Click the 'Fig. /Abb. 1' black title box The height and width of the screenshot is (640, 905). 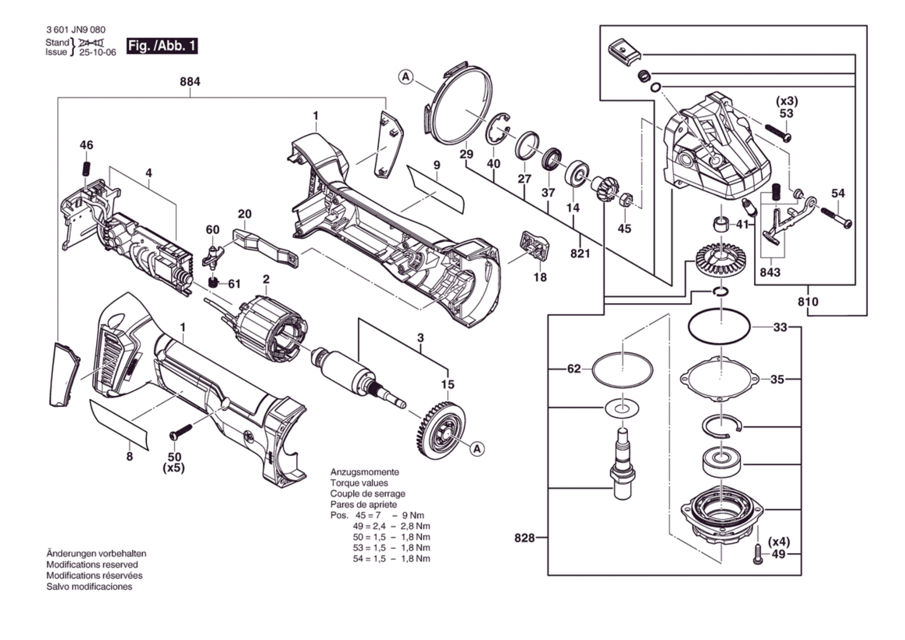pyautogui.click(x=162, y=46)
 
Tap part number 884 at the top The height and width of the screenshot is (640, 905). pyautogui.click(x=190, y=82)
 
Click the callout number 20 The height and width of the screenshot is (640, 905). pyautogui.click(x=245, y=214)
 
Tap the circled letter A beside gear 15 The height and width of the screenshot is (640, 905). pyautogui.click(x=477, y=449)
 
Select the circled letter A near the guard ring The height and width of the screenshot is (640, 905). pyautogui.click(x=406, y=77)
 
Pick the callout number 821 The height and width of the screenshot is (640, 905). pyautogui.click(x=580, y=253)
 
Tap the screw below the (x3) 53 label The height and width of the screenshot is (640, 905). pyautogui.click(x=778, y=134)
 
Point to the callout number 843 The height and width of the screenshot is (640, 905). pyautogui.click(x=770, y=272)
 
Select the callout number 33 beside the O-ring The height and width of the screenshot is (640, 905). pyautogui.click(x=780, y=327)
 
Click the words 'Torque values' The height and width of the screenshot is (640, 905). pyautogui.click(x=359, y=483)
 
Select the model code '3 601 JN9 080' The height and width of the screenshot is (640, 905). pyautogui.click(x=76, y=30)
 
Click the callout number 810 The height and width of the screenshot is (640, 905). pyautogui.click(x=808, y=301)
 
